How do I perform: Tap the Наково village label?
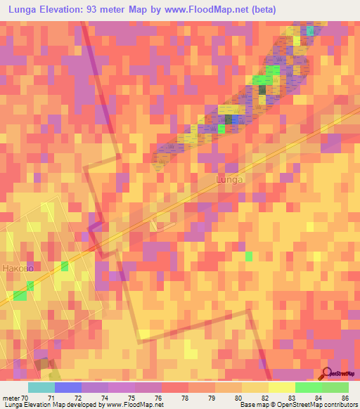tap(18, 268)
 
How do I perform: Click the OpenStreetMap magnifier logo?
tap(328, 374)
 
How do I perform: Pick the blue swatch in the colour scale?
tap(68, 387)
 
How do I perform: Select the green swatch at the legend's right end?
tap(335, 387)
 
